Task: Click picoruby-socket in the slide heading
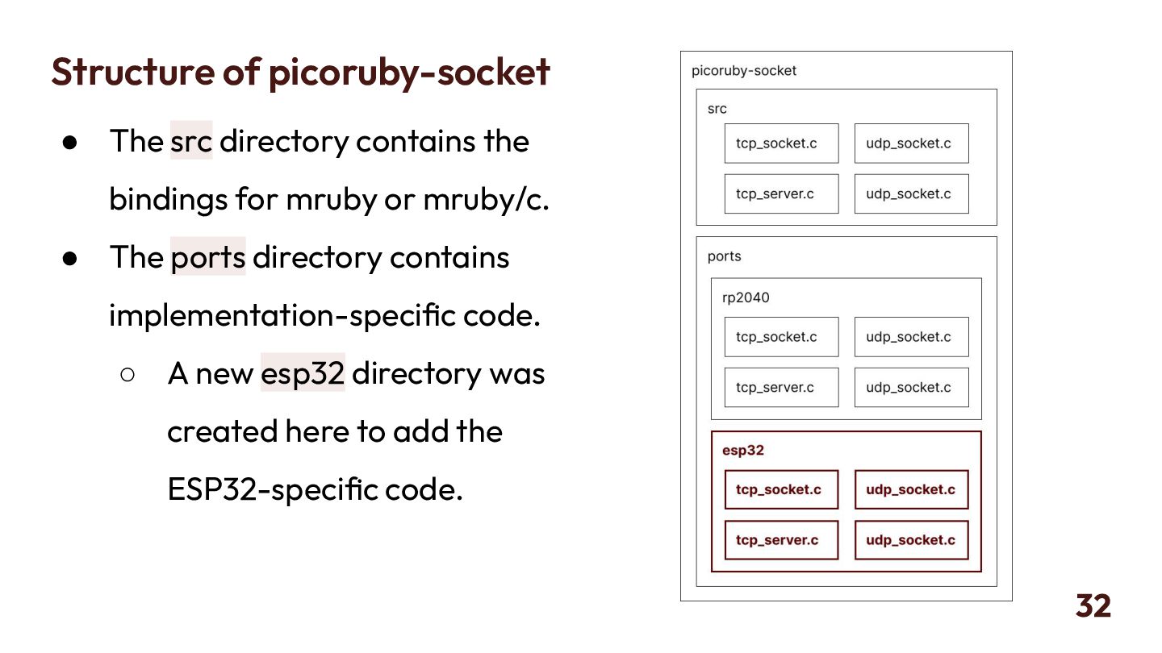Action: [409, 71]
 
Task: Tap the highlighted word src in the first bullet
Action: [191, 141]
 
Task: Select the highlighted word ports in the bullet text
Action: [207, 257]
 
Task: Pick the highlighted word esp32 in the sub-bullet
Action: [303, 373]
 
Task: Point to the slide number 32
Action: [1093, 605]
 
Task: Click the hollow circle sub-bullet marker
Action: [127, 374]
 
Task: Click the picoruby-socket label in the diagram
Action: [743, 71]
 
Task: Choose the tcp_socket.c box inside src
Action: [781, 143]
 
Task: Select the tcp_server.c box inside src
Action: [781, 193]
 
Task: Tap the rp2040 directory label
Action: [746, 297]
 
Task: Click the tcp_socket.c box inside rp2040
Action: [781, 337]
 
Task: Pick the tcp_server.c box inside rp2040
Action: [781, 387]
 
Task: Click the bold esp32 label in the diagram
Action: [742, 451]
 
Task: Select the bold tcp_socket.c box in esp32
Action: [781, 489]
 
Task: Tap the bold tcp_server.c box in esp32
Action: [781, 540]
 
